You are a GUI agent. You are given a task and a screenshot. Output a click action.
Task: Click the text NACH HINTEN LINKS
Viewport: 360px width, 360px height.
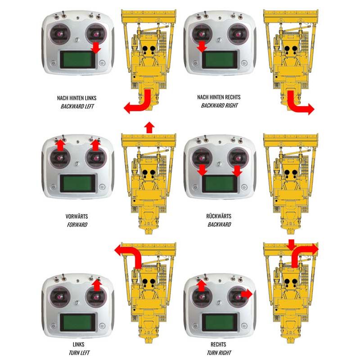(x=76, y=98)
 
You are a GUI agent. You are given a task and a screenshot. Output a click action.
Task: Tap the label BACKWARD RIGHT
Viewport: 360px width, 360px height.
(x=219, y=105)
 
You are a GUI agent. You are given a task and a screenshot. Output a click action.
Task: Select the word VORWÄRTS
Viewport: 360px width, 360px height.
(x=76, y=216)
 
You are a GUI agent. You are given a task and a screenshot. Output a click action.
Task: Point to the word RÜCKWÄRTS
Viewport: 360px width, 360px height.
(x=219, y=216)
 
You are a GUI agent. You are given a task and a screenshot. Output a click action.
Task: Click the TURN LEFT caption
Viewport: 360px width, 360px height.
(x=79, y=352)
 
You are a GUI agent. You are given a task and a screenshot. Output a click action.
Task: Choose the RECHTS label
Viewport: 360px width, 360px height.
(x=218, y=344)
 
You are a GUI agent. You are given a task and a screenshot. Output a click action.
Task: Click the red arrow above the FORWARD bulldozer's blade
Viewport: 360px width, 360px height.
(x=149, y=127)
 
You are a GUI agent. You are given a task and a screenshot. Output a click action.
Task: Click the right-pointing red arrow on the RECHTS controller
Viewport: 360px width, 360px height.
(x=247, y=294)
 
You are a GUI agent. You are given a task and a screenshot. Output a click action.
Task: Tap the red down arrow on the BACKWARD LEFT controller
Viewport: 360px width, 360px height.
(x=96, y=48)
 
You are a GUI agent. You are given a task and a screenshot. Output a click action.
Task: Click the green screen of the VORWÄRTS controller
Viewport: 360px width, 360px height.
(x=77, y=183)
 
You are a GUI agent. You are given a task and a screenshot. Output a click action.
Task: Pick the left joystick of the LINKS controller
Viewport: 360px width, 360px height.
(x=60, y=297)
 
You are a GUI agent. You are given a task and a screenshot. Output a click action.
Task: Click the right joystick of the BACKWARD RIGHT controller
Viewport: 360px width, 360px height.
(x=238, y=34)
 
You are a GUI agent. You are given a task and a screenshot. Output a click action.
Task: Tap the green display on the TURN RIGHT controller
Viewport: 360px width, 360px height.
(x=220, y=322)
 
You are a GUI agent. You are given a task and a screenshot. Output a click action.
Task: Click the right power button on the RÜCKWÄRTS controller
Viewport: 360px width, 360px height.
(x=244, y=187)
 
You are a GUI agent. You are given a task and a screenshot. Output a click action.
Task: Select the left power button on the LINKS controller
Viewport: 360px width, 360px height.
(x=53, y=325)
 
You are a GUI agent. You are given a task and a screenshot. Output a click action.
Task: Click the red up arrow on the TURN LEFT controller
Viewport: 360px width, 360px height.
(x=97, y=285)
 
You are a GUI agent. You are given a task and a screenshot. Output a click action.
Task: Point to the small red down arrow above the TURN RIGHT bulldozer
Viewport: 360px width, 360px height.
(x=291, y=245)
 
